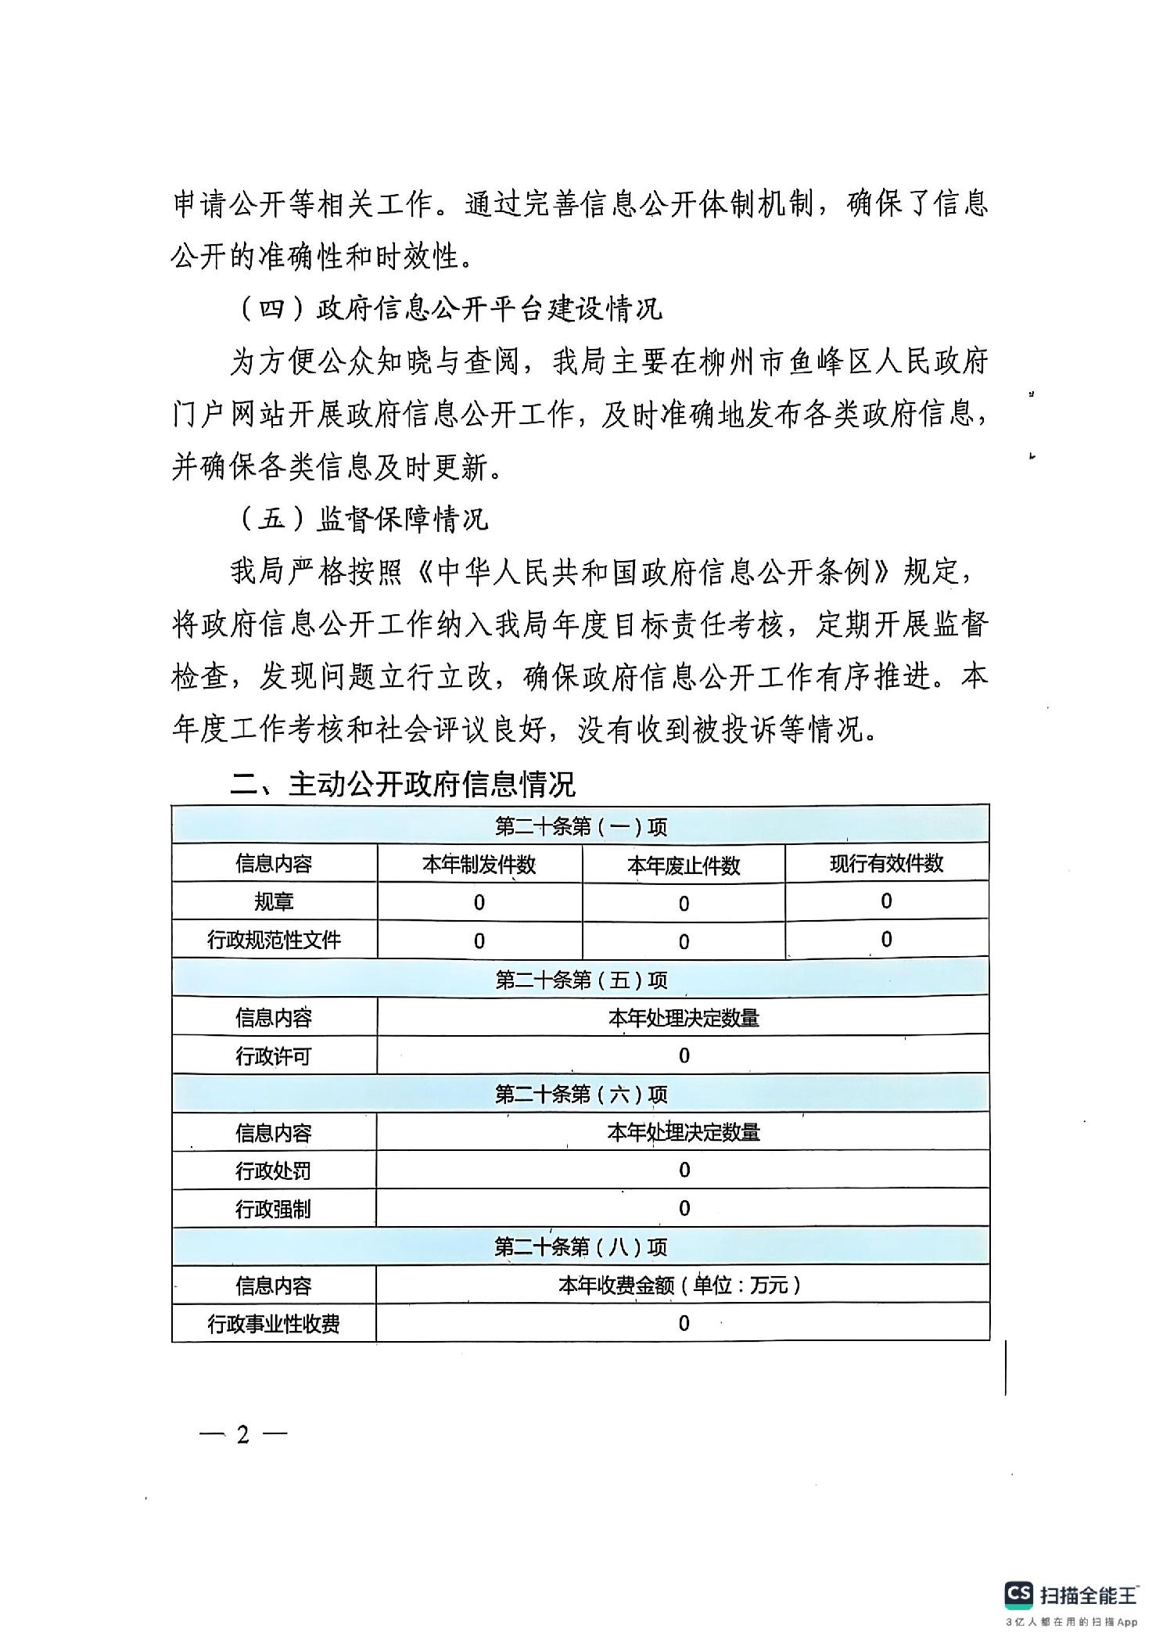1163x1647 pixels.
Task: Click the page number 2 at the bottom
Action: pos(243,1435)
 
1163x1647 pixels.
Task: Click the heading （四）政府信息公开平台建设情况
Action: pos(450,309)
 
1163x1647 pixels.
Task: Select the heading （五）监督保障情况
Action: pos(363,519)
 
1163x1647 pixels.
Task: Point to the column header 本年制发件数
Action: pos(479,865)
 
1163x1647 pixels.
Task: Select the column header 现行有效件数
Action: pos(886,864)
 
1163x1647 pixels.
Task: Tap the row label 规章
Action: pos(274,902)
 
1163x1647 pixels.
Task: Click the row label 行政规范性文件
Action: pos(274,940)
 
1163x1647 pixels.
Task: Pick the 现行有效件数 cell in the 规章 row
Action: pos(886,901)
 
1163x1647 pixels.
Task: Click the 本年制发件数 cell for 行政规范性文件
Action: pos(479,941)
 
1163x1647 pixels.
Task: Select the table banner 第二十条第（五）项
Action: pos(581,980)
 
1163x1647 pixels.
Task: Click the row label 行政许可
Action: pos(274,1056)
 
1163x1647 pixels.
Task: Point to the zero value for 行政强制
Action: pos(684,1209)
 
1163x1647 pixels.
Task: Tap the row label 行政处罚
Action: pos(274,1171)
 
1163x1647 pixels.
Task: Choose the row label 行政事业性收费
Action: pos(274,1324)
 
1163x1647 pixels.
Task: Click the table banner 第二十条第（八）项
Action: pos(581,1247)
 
